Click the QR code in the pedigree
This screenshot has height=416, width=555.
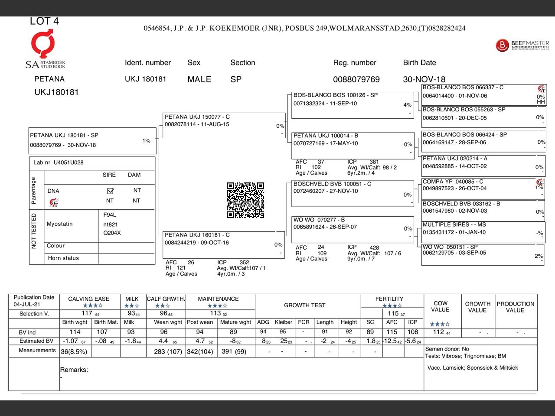245,200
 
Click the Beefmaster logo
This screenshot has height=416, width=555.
522,45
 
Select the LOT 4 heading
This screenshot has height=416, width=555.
44,21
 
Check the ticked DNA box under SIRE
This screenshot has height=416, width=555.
110,191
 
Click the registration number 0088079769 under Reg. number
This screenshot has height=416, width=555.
356,79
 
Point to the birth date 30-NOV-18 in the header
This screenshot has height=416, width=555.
424,79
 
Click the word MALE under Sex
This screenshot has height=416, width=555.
199,79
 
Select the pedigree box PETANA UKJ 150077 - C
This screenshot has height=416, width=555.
224,125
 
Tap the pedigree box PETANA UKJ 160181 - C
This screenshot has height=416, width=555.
224,244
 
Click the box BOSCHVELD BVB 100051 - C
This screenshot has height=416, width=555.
353,193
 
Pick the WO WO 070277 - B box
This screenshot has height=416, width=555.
353,229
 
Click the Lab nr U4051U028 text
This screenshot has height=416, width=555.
59,162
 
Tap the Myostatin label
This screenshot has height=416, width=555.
60,224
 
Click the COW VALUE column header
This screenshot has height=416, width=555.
440,306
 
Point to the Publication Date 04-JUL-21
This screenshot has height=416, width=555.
34,301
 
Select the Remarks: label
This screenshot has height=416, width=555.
74,370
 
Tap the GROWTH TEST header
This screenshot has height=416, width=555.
304,305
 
